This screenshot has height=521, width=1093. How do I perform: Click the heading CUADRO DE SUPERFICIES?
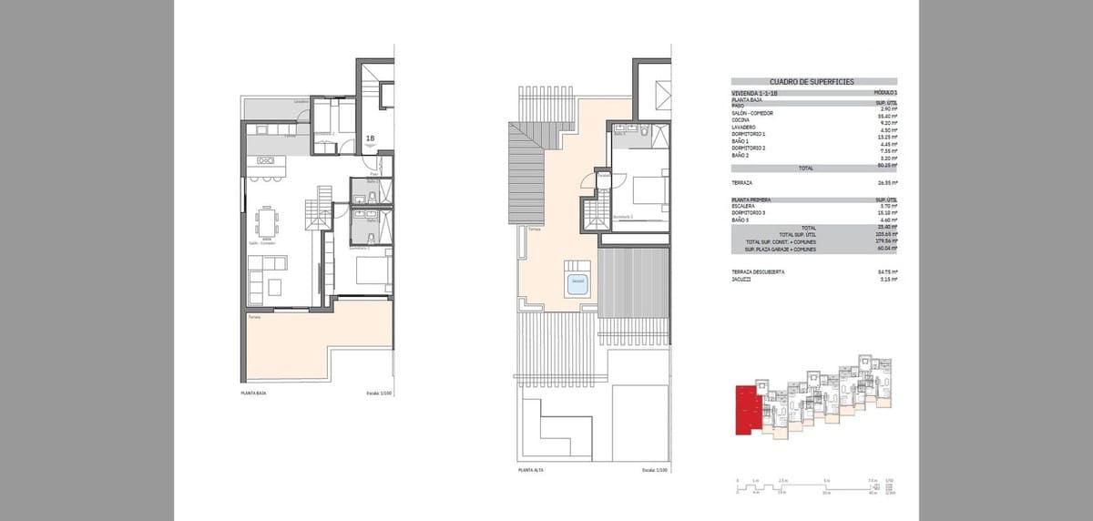tap(812, 82)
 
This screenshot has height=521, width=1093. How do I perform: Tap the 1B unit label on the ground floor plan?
tap(371, 139)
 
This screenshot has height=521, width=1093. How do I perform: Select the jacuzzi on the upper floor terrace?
tap(577, 283)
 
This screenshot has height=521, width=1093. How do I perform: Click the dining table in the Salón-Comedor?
tap(267, 223)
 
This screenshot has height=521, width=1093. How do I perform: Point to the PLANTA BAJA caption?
tap(253, 393)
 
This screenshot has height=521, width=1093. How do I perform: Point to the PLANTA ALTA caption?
tap(531, 470)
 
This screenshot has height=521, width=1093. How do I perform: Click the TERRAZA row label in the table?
tap(741, 181)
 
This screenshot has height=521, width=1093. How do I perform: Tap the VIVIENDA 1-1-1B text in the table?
tap(755, 93)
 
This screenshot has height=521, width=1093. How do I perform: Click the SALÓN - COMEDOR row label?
tap(752, 113)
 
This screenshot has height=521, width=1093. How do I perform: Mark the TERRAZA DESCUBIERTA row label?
tap(757, 271)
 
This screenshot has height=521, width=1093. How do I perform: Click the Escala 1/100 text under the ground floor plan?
tap(377, 393)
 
